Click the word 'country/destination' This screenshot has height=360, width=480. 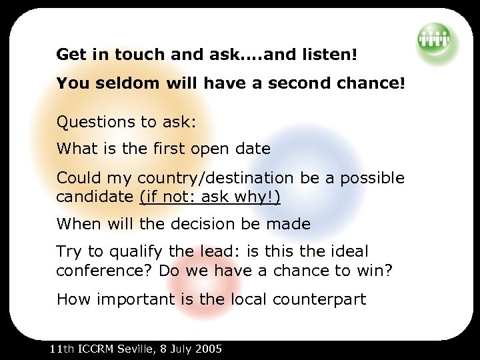(x=215, y=179)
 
